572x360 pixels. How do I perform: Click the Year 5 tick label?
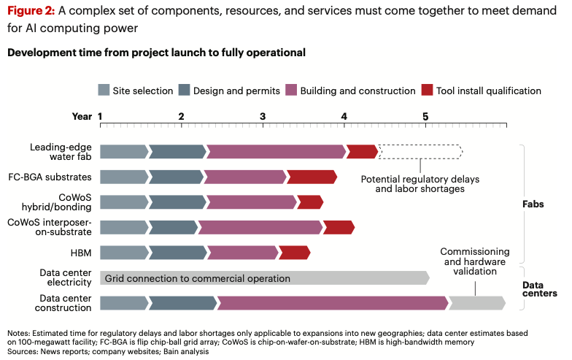click(x=425, y=116)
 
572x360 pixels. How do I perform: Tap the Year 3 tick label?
click(x=262, y=116)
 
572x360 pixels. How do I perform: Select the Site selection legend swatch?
click(x=104, y=91)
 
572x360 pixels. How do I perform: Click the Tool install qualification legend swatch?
click(x=428, y=91)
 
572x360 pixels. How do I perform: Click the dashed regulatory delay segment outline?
click(x=420, y=152)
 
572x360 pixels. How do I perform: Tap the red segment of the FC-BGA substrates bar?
click(x=312, y=177)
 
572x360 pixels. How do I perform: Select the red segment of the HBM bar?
click(x=294, y=252)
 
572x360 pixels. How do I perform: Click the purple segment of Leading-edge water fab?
click(x=276, y=152)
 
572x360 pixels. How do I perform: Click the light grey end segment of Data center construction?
click(x=476, y=302)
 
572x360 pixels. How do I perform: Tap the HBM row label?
click(x=80, y=252)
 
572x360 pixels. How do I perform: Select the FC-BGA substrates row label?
click(x=50, y=177)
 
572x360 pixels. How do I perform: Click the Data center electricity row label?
click(x=66, y=278)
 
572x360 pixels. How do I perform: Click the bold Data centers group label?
click(x=540, y=289)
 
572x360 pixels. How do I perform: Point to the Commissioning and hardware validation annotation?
click(x=475, y=261)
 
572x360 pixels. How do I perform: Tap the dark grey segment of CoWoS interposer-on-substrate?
click(x=173, y=227)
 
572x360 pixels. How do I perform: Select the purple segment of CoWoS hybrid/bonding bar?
click(x=251, y=202)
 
